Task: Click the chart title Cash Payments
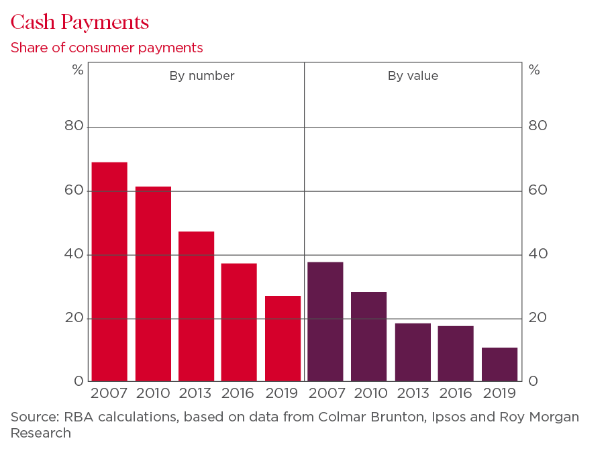[79, 22]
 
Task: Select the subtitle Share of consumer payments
[106, 48]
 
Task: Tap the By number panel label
[201, 76]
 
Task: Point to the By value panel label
[413, 76]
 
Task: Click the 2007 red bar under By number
[109, 272]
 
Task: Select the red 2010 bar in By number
[153, 284]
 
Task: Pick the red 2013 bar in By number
[196, 307]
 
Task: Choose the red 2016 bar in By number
[239, 322]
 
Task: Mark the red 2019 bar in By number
[283, 339]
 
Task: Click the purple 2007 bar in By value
[325, 321]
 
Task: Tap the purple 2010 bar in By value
[369, 337]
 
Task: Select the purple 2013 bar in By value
[413, 352]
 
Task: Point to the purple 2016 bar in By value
[456, 354]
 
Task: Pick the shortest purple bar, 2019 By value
[499, 364]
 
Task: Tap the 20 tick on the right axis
[538, 317]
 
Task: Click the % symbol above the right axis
[534, 69]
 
